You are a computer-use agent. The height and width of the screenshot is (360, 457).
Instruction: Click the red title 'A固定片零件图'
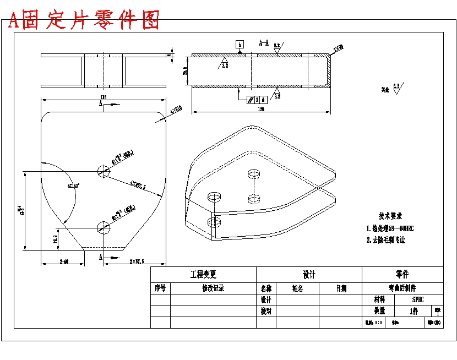coord(84,20)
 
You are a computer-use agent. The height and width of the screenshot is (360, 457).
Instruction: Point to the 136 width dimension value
coord(103,97)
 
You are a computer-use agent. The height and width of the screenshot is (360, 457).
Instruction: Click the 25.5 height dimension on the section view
coord(186,71)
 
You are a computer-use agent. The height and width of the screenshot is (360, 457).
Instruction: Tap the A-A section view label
coord(264,42)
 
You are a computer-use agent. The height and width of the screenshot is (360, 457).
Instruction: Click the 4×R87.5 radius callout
coord(137,186)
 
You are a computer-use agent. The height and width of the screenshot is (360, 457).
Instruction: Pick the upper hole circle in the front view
coord(103,171)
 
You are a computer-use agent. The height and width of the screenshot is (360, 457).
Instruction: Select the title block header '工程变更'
coord(203,274)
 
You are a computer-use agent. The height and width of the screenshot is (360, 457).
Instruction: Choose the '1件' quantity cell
coord(414,310)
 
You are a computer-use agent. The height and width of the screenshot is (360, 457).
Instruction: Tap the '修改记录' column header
coord(213,288)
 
